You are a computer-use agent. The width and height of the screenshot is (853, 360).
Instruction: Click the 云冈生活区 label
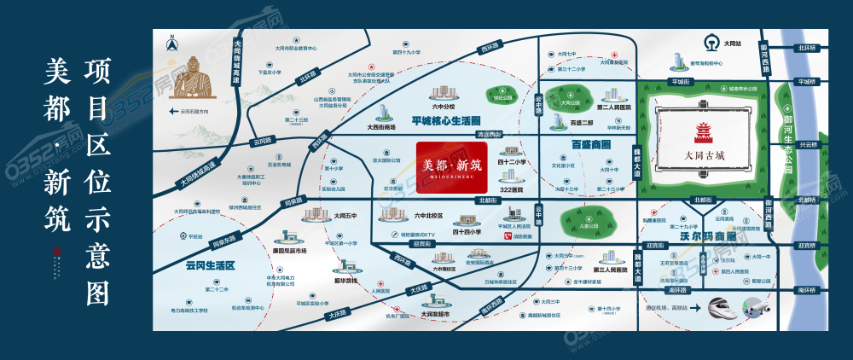tap(209, 265)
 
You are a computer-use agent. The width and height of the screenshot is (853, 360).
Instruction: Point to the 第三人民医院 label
tap(612, 269)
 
